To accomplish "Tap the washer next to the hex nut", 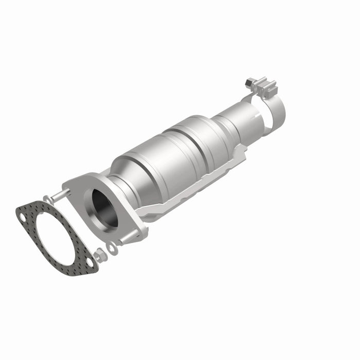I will click(x=111, y=248).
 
